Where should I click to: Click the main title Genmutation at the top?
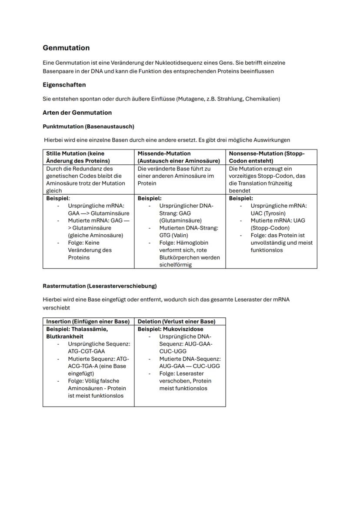(66, 48)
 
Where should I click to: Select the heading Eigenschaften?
(64, 85)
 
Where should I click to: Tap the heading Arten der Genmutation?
(77, 113)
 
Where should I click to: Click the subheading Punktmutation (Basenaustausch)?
(88, 126)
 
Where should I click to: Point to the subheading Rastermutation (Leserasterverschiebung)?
(100, 286)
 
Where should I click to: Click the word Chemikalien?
(262, 99)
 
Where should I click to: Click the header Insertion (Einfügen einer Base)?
(88, 322)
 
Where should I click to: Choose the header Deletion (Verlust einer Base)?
(177, 322)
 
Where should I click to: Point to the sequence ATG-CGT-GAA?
(86, 351)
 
